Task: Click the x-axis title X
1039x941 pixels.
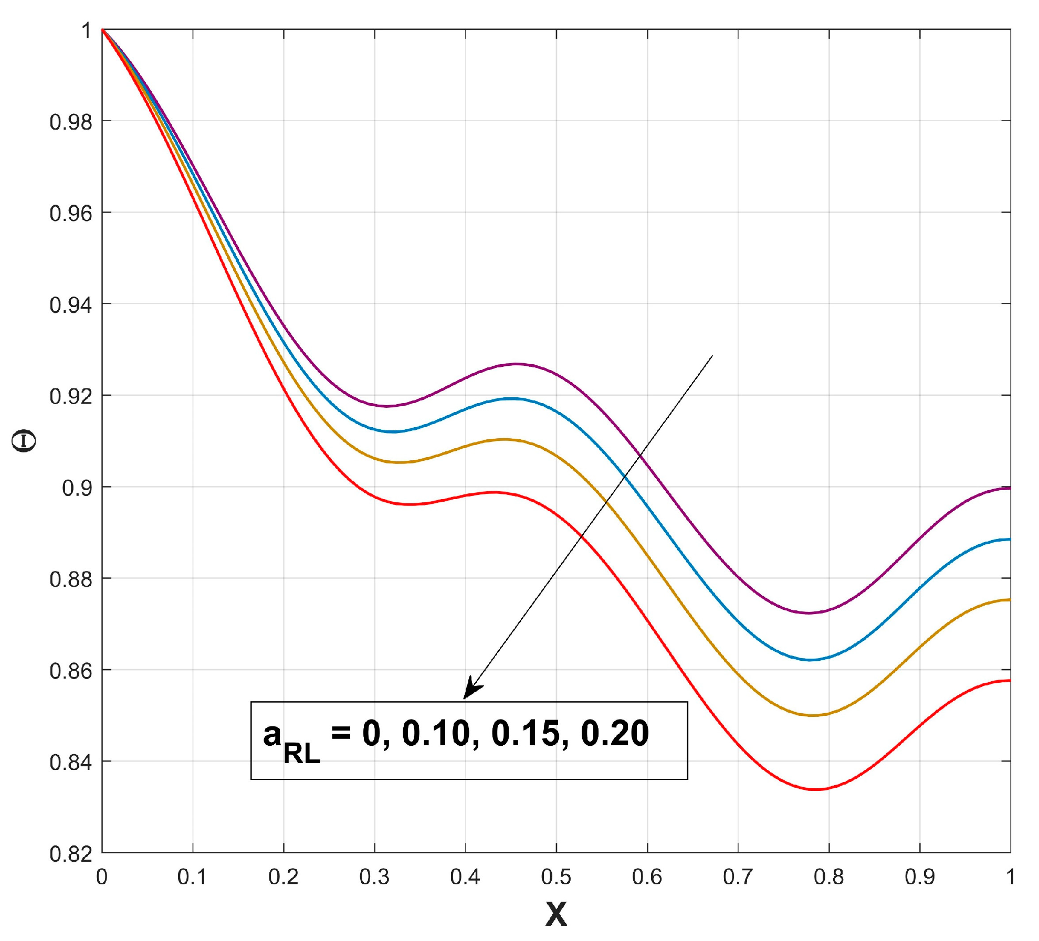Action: (556, 914)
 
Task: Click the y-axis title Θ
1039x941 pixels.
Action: (24, 441)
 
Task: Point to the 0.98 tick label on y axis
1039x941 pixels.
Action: (71, 122)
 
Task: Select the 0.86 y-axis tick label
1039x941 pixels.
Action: (71, 671)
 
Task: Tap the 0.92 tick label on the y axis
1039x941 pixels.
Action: (71, 397)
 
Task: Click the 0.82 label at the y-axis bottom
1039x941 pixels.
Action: (71, 854)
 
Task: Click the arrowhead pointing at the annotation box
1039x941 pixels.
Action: (471, 689)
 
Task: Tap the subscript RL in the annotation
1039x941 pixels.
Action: (302, 754)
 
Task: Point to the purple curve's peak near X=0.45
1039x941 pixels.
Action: (517, 364)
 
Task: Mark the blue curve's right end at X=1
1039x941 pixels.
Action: (1010, 540)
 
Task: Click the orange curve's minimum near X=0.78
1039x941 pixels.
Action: (813, 715)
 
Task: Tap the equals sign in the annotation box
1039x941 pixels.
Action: (341, 732)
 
